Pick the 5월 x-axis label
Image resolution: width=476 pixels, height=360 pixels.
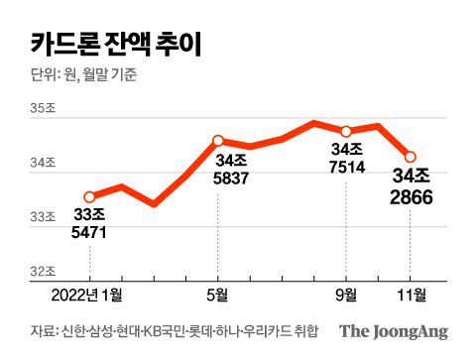218,295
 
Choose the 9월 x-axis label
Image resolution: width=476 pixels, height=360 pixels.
346,295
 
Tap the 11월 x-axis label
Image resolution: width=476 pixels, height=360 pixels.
411,295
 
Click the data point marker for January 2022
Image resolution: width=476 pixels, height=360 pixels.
89,196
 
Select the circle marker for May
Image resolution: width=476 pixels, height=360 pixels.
218,141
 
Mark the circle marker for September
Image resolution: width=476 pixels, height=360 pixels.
346,131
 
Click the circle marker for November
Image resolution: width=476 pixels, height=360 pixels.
411,156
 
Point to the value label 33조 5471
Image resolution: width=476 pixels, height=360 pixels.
89,225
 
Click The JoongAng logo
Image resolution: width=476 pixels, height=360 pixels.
394,332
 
